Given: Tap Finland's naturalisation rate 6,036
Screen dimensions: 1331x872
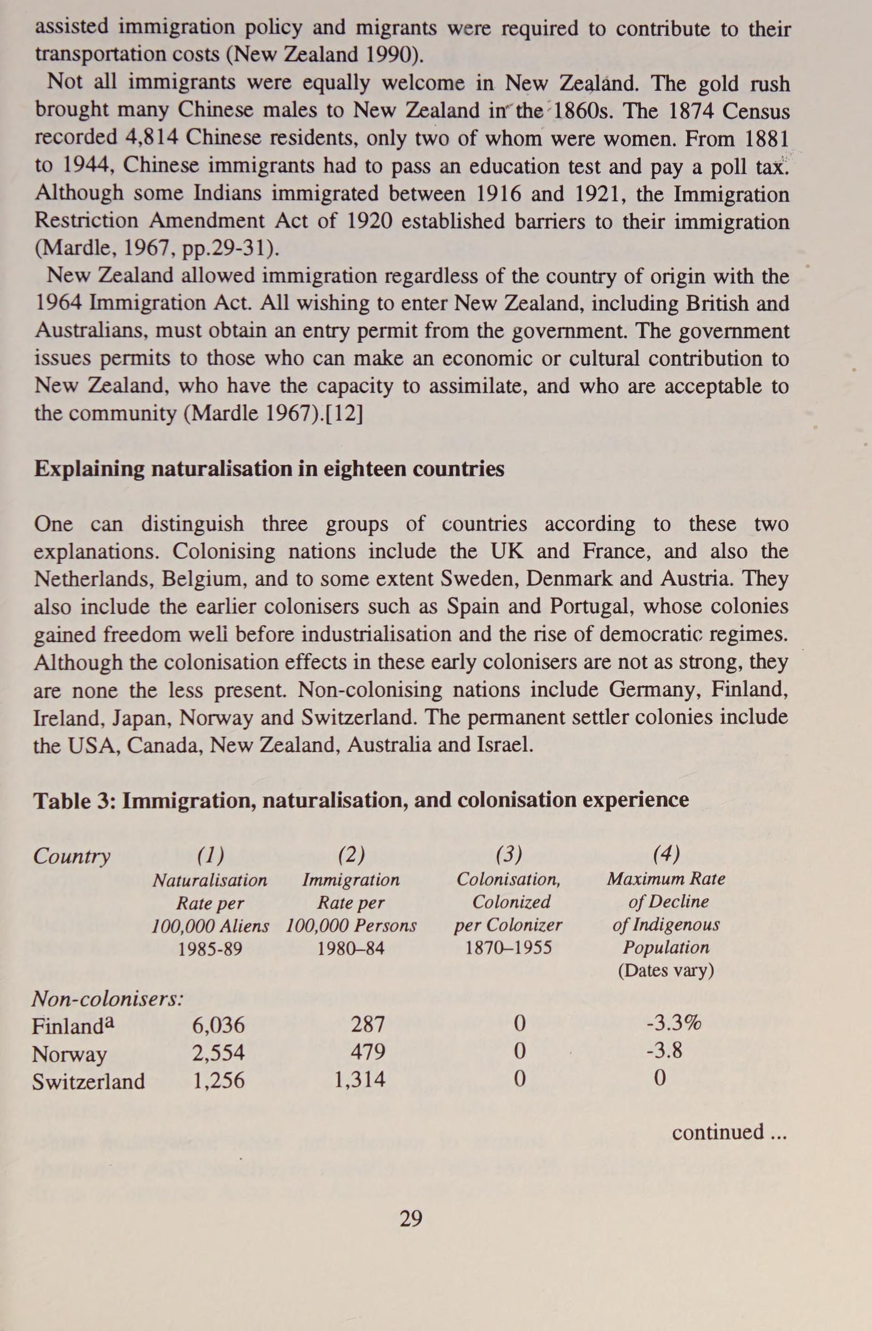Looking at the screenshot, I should (218, 1025).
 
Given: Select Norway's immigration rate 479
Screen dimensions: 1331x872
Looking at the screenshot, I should (368, 1052).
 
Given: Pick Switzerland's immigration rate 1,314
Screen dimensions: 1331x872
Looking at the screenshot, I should (359, 1079).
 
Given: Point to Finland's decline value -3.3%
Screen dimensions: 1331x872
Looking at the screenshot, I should (673, 1023).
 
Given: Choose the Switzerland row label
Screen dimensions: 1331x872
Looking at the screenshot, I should (88, 1081).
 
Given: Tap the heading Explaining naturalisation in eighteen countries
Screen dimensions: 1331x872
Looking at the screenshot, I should (269, 469).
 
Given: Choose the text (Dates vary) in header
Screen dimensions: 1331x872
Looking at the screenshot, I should (666, 970).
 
